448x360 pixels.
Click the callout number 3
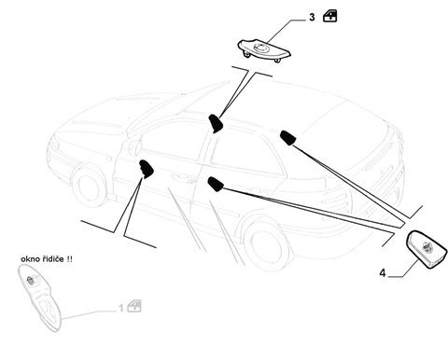click(312, 18)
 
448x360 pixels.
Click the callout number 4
click(383, 273)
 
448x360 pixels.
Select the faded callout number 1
click(121, 309)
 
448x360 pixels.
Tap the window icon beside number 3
click(330, 16)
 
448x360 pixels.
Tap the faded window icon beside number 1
click(134, 306)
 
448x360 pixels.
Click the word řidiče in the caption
click(53, 259)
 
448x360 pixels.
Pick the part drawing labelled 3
click(264, 50)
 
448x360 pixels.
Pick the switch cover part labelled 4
click(427, 249)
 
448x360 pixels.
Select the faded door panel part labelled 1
click(40, 297)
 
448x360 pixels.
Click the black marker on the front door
click(147, 169)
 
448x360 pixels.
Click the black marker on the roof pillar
click(216, 123)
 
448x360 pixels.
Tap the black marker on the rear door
click(216, 183)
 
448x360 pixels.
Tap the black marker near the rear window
click(288, 138)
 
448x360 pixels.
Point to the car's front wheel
click(89, 187)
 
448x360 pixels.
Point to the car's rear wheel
click(268, 242)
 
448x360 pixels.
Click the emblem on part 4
click(427, 246)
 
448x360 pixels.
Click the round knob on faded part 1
click(31, 280)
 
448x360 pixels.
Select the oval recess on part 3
click(259, 48)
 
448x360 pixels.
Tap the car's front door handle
click(180, 177)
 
